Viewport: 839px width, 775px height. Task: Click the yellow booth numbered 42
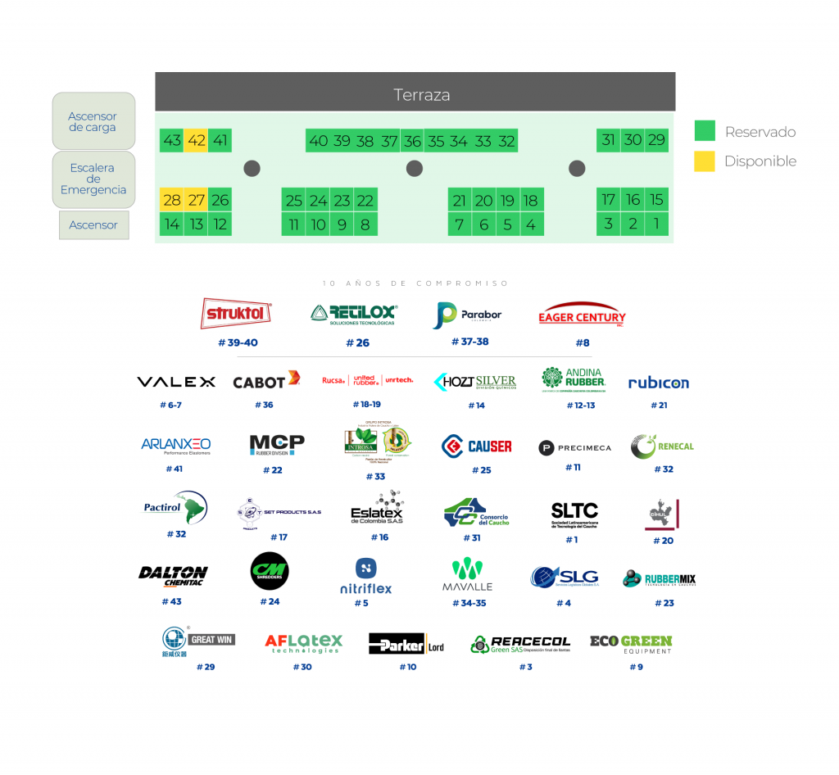point(196,140)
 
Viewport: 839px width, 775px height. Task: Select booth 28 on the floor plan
point(172,200)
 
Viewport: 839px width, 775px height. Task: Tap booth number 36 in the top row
point(412,141)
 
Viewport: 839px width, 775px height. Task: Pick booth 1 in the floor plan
point(656,224)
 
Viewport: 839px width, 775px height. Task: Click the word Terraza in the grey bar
point(422,95)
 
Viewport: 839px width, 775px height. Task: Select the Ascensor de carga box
point(93,121)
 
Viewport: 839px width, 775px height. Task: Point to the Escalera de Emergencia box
point(93,179)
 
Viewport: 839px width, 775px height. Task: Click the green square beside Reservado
point(705,131)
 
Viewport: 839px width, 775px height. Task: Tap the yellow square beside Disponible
point(705,161)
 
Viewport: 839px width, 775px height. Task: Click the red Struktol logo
point(237,313)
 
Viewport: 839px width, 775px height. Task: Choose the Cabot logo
point(266,381)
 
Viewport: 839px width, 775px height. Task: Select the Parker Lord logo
point(407,644)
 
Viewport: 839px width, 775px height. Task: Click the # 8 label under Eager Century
point(582,342)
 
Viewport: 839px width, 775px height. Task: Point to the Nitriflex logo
point(365,576)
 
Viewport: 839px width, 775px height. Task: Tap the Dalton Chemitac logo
point(173,576)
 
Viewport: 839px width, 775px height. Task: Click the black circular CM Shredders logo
point(270,571)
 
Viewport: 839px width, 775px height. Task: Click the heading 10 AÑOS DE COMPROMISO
point(415,283)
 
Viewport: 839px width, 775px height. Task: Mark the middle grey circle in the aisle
point(415,169)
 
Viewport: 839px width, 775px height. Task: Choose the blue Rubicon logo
point(659,383)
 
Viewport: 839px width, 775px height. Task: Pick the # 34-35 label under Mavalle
point(469,603)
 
